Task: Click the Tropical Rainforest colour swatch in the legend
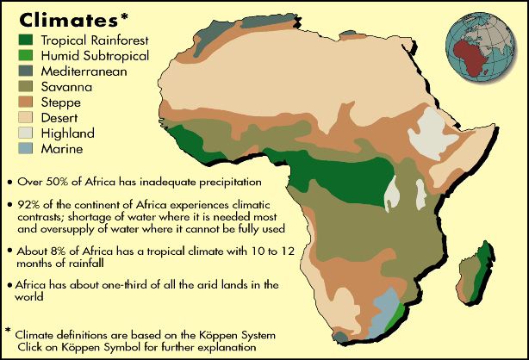(x=28, y=40)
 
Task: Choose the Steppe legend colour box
(x=28, y=102)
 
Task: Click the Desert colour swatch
(x=28, y=118)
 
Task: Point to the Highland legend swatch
(x=28, y=133)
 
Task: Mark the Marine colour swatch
(x=28, y=149)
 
